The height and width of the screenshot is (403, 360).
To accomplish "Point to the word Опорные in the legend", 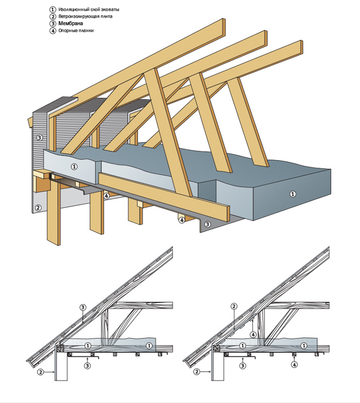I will click(x=68, y=31).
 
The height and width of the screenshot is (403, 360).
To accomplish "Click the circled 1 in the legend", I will click(x=52, y=10).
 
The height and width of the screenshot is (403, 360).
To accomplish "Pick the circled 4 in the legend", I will click(x=52, y=31).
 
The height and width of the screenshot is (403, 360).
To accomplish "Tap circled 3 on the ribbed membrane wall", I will click(x=39, y=137).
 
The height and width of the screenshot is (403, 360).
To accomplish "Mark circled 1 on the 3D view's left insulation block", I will click(x=74, y=166).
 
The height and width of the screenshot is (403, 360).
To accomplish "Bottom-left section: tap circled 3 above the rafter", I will click(x=83, y=306).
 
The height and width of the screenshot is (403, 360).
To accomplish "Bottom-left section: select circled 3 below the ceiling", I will click(x=87, y=366).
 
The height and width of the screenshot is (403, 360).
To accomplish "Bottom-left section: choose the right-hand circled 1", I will click(x=149, y=346).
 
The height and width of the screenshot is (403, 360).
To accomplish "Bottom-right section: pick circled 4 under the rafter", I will click(x=255, y=334).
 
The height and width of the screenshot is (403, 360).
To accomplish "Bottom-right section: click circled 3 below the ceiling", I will click(x=243, y=366).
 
